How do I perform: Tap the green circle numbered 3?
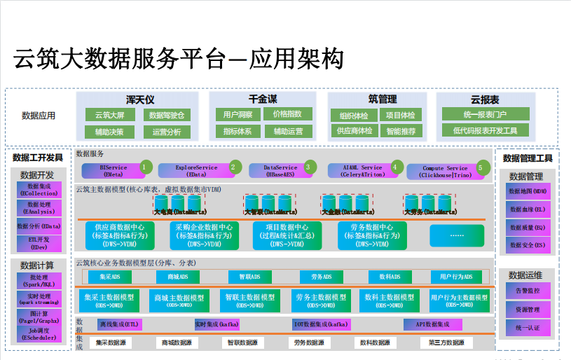click(x=307, y=167)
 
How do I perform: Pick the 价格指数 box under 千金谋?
click(x=287, y=114)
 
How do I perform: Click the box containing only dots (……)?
click(x=457, y=235)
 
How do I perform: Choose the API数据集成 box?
click(x=432, y=324)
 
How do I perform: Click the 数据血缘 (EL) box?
click(x=527, y=209)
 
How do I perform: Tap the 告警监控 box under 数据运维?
click(x=527, y=290)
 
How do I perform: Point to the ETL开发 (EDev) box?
click(x=39, y=243)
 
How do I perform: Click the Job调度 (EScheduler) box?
click(x=39, y=333)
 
